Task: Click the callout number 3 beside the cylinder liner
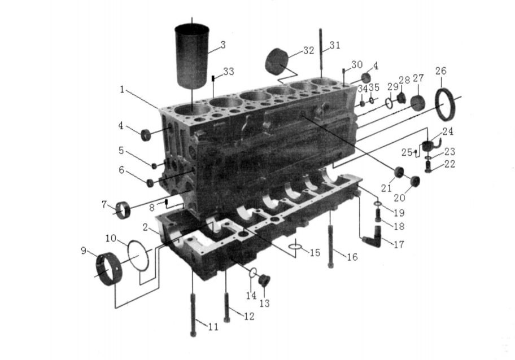click(x=223, y=45)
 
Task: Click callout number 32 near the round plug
click(x=309, y=51)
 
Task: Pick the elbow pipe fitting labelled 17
click(x=373, y=237)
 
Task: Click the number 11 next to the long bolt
click(x=213, y=327)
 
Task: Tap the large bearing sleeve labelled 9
click(x=108, y=269)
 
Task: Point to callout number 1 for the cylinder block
click(x=122, y=89)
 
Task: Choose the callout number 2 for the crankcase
click(x=146, y=227)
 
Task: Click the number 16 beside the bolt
click(x=352, y=257)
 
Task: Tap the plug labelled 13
click(x=264, y=280)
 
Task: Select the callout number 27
click(x=418, y=78)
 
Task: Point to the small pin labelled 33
click(x=213, y=78)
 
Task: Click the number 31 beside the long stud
click(x=335, y=45)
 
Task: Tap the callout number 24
click(x=448, y=131)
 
